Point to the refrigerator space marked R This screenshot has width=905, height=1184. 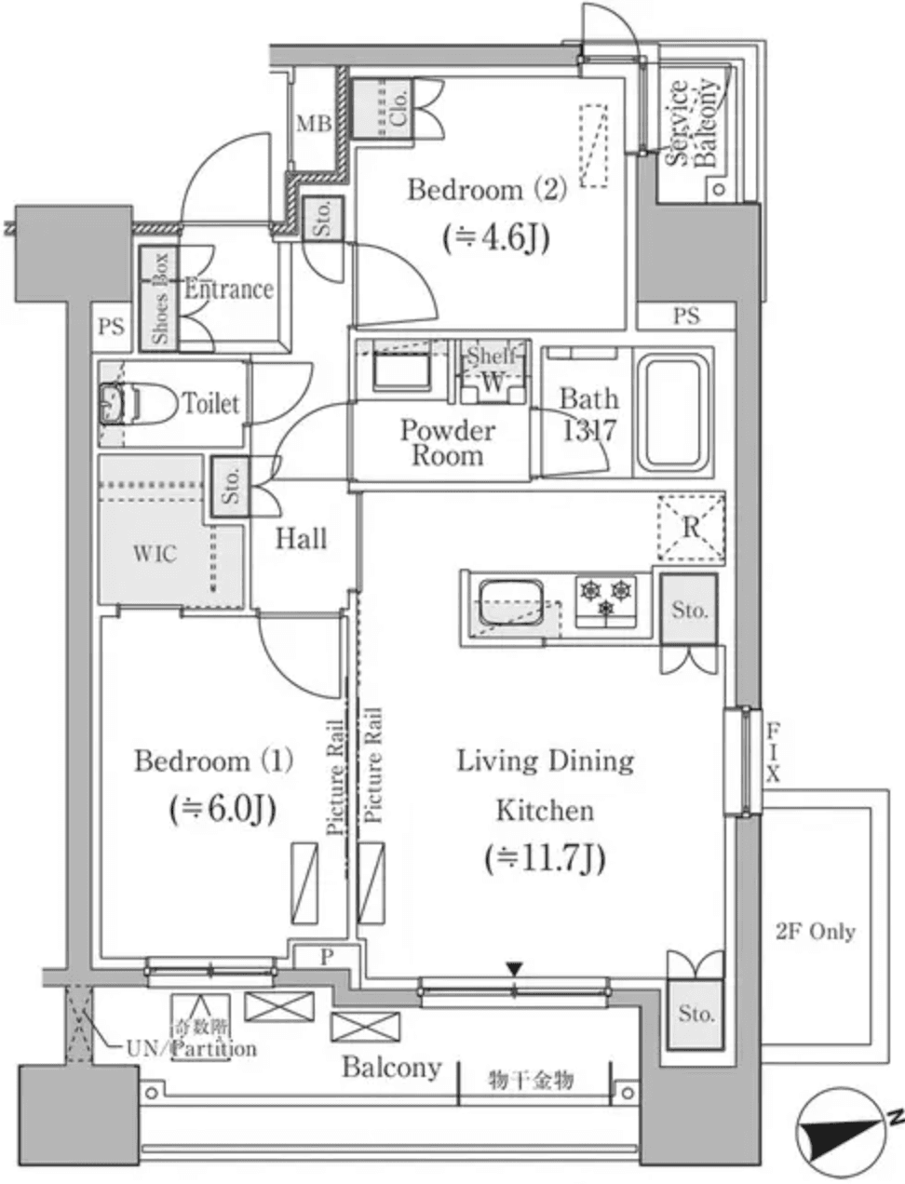691,527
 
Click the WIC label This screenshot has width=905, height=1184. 155,554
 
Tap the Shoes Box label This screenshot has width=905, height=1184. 160,298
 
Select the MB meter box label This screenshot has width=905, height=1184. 314,124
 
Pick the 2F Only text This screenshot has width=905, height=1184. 816,932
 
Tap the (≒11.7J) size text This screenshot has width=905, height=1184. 545,858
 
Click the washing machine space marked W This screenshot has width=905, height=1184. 493,382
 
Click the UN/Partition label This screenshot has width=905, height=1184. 191,1049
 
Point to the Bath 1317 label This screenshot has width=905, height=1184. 588,415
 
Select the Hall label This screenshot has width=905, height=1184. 302,538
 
